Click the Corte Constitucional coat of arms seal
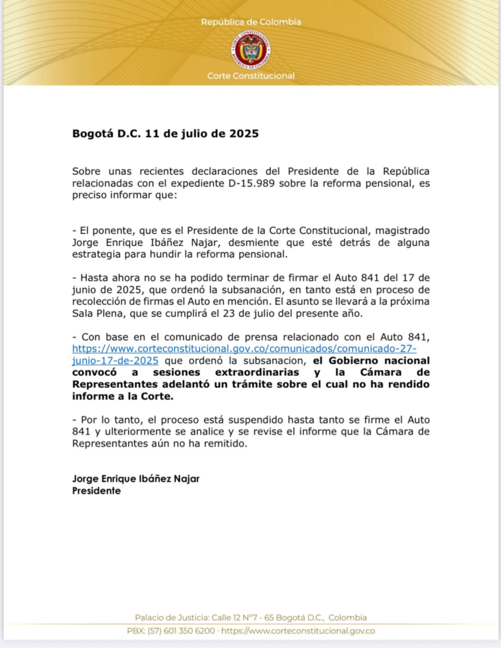[250, 50]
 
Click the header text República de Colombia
[250, 22]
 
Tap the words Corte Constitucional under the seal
[250, 76]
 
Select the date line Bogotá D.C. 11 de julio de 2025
[165, 134]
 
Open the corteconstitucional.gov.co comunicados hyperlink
[244, 349]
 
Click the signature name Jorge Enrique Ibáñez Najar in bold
[136, 478]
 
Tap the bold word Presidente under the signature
[96, 490]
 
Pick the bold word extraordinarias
[261, 373]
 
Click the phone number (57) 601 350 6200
[182, 631]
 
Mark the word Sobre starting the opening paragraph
[87, 171]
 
